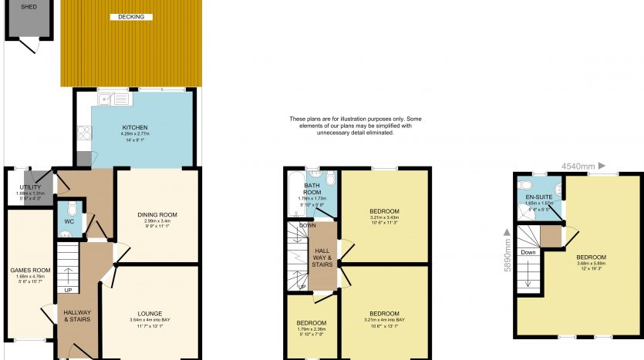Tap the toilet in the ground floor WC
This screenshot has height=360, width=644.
[70, 207]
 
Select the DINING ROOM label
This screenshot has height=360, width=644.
[157, 214]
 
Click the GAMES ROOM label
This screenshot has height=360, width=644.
[30, 271]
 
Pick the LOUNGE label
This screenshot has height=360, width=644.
[150, 314]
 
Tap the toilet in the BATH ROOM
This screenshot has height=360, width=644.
[330, 180]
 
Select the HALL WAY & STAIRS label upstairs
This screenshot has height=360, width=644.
[322, 255]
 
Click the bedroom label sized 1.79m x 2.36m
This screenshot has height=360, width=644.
[311, 322]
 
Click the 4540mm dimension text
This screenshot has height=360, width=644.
[578, 166]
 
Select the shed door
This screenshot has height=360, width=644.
[29, 45]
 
